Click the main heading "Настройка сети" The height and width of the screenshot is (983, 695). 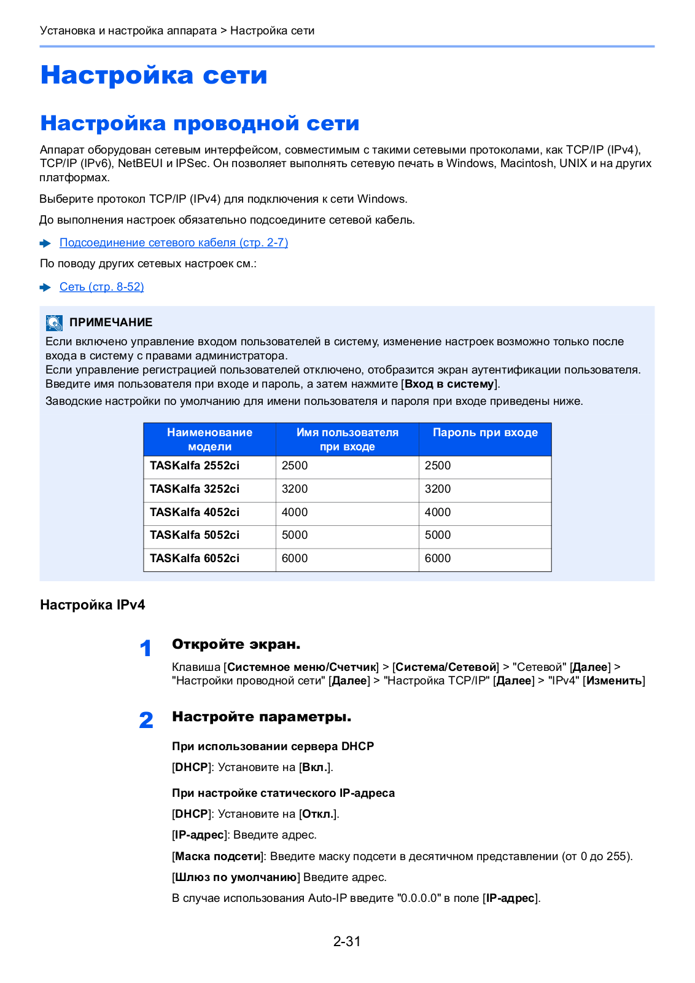pyautogui.click(x=153, y=75)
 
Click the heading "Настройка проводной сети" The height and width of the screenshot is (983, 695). pyautogui.click(x=200, y=123)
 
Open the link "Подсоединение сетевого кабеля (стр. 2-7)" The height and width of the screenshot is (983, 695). pyautogui.click(x=174, y=243)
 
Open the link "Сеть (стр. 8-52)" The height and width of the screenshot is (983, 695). pyautogui.click(x=101, y=287)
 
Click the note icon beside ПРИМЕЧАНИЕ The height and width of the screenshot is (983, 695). pyautogui.click(x=54, y=323)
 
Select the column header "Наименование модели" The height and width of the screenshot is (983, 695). pyautogui.click(x=209, y=439)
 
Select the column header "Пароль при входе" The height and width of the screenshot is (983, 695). pyautogui.click(x=485, y=433)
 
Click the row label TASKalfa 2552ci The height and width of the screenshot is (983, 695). pyautogui.click(x=195, y=466)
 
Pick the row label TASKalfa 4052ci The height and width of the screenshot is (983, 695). pyautogui.click(x=195, y=512)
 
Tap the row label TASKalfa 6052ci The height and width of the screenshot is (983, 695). pyautogui.click(x=195, y=558)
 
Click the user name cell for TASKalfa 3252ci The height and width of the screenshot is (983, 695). pyautogui.click(x=295, y=489)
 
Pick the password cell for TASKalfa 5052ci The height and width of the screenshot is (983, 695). pyautogui.click(x=438, y=535)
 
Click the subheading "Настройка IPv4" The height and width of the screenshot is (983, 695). pyautogui.click(x=93, y=605)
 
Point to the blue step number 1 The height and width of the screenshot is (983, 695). pyautogui.click(x=146, y=648)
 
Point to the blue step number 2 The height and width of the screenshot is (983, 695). pyautogui.click(x=146, y=720)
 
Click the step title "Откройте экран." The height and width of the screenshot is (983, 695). pyautogui.click(x=236, y=644)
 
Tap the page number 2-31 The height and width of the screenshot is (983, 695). pyautogui.click(x=347, y=941)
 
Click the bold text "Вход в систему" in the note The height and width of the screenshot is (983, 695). pyautogui.click(x=449, y=384)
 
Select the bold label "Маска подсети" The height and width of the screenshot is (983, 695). pyautogui.click(x=218, y=856)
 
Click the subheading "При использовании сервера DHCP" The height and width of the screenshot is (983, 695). pyautogui.click(x=273, y=746)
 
